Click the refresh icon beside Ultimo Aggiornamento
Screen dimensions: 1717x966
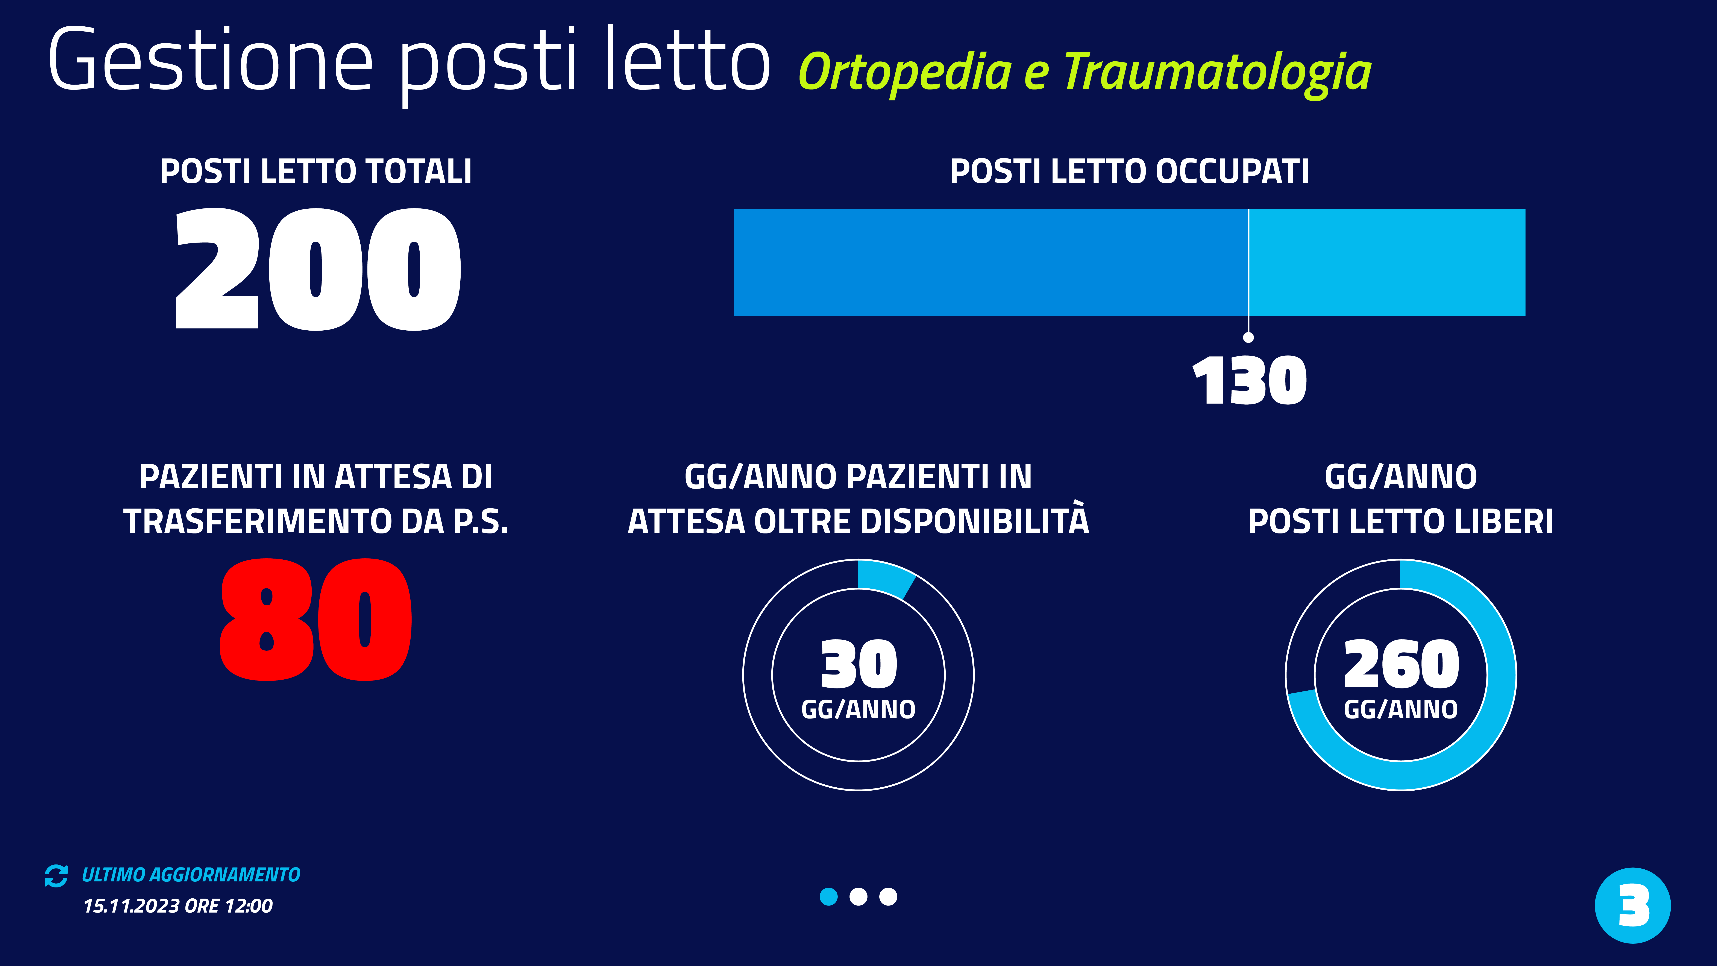[56, 875]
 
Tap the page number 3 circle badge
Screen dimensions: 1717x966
[1632, 905]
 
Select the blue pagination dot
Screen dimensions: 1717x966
[828, 897]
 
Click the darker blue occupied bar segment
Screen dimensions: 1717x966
[990, 262]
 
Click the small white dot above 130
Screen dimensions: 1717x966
[1248, 337]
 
